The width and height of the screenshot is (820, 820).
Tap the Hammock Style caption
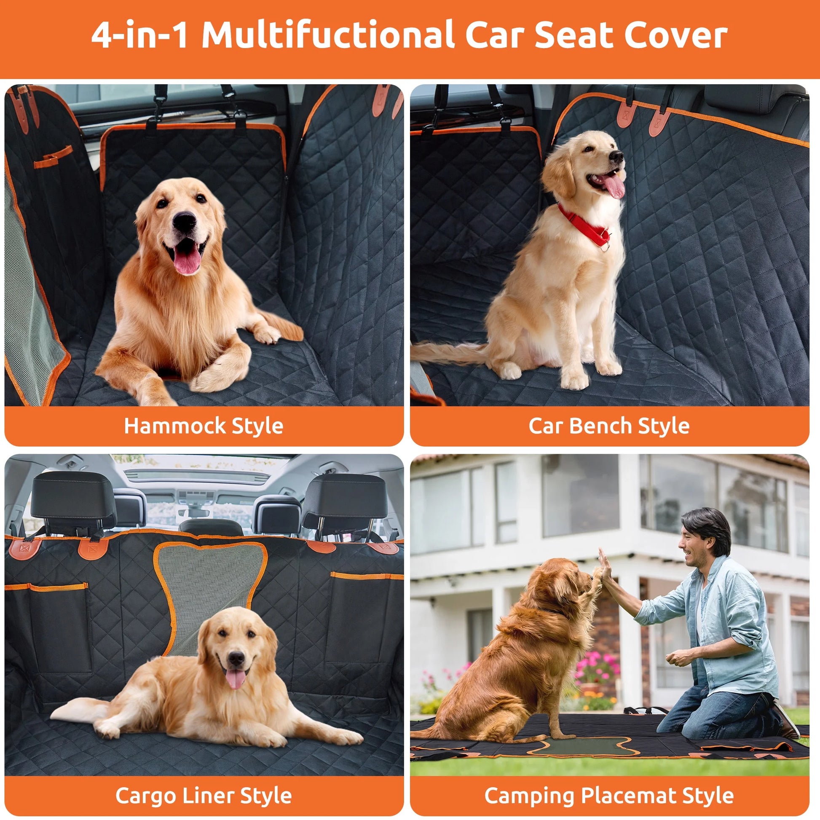[x=203, y=426]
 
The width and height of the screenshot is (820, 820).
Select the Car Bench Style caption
[x=608, y=426]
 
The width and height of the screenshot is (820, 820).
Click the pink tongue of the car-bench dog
[x=614, y=187]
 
